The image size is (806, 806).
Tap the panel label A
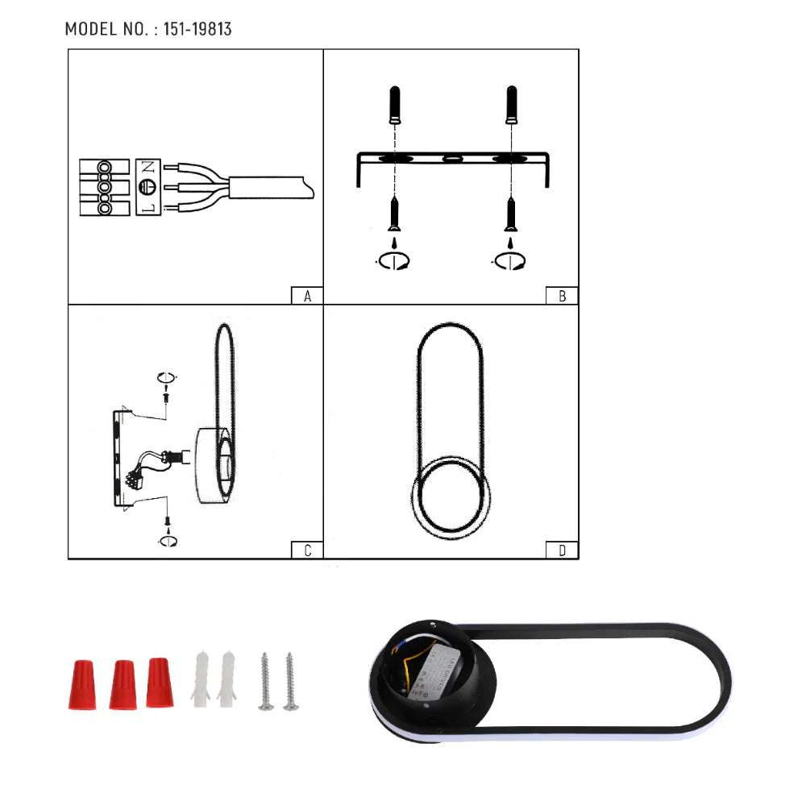tap(307, 296)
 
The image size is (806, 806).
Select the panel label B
tap(562, 296)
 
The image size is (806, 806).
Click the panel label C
tap(307, 551)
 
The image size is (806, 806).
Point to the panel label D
tap(562, 551)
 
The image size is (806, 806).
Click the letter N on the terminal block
tap(147, 168)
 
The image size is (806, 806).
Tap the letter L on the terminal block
tap(147, 209)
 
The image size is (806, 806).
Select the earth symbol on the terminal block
tap(147, 188)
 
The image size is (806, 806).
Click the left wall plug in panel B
tap(394, 104)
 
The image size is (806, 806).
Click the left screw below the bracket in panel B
tap(394, 214)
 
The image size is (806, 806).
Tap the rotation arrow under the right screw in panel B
tap(509, 260)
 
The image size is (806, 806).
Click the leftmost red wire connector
tap(81, 684)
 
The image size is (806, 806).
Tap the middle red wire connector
tap(122, 684)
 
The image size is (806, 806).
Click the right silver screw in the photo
tap(290, 681)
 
